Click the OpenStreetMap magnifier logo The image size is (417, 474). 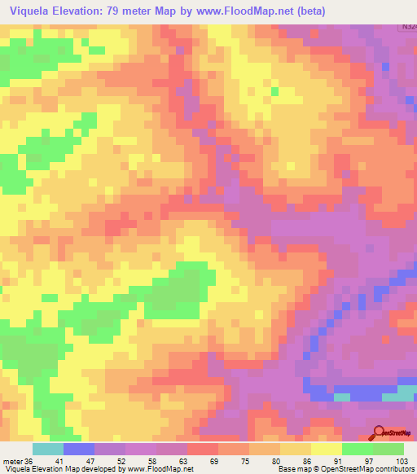click(x=379, y=433)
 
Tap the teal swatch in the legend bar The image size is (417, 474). click(x=47, y=449)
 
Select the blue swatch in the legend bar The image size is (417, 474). click(x=78, y=449)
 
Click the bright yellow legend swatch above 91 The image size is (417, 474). click(x=327, y=449)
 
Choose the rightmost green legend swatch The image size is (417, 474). click(x=388, y=449)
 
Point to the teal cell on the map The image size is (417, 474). click(x=342, y=397)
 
